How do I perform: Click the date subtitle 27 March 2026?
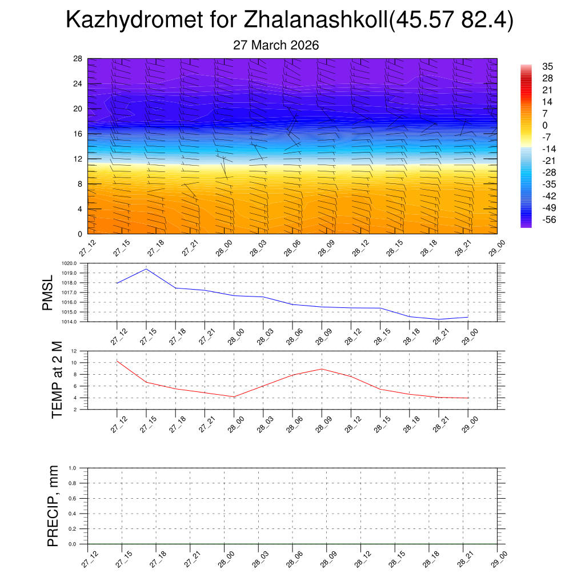[276, 45]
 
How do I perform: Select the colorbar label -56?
[548, 219]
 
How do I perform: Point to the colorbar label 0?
[545, 126]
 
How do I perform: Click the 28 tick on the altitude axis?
[78, 59]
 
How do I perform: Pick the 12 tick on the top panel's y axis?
[78, 159]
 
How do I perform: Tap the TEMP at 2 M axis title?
[57, 380]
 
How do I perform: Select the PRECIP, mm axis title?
[53, 506]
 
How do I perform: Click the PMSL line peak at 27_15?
[146, 269]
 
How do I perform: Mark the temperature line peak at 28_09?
[322, 369]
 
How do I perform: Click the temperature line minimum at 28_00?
[234, 396]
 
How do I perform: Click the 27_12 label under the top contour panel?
[87, 250]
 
